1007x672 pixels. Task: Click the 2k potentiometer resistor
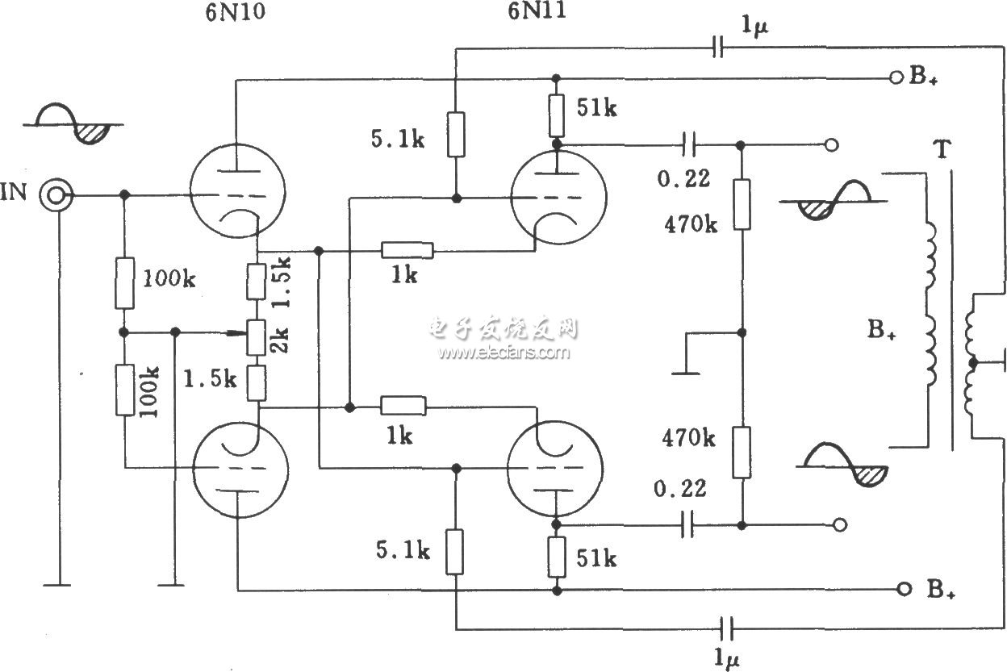(x=256, y=338)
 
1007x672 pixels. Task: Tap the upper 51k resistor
(x=557, y=115)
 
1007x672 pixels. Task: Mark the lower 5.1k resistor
(x=455, y=552)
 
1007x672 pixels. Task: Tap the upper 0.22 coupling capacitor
(x=688, y=145)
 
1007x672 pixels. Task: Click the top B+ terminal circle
(x=895, y=77)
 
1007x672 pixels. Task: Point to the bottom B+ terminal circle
(x=905, y=589)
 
